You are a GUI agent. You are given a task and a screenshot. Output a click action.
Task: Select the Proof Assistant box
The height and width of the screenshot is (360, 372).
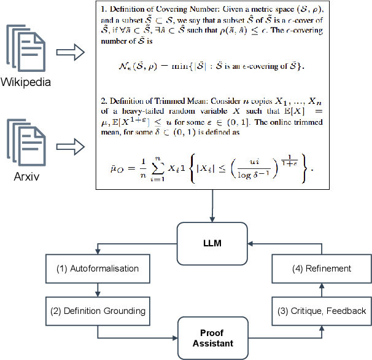tap(213, 337)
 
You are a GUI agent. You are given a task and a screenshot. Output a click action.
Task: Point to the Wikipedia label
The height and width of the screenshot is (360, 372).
tap(26, 81)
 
